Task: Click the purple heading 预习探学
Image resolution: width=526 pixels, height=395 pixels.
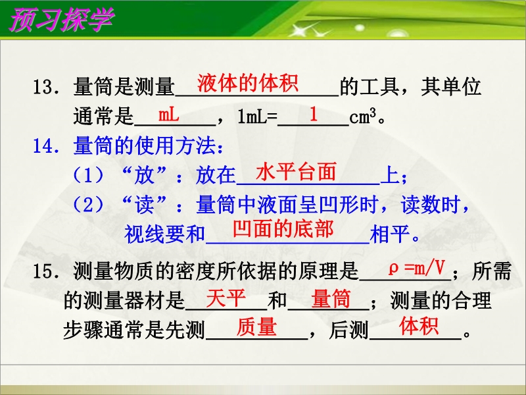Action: [x=61, y=20]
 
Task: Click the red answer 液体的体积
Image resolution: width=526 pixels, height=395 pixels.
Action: [x=248, y=83]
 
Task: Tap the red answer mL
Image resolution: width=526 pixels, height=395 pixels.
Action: [x=168, y=115]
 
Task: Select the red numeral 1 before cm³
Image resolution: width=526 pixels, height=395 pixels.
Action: [x=314, y=114]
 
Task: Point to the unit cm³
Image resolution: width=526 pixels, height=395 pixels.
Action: [x=363, y=117]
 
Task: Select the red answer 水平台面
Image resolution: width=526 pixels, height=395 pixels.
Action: [x=296, y=172]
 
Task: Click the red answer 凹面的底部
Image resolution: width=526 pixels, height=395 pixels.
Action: [x=283, y=228]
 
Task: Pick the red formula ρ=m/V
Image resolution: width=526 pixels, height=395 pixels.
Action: [x=417, y=269]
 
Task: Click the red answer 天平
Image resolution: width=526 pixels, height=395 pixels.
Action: [x=226, y=298]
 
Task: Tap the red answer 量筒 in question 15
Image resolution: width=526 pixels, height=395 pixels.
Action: [x=331, y=299]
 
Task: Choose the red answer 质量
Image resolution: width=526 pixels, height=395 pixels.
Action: [x=256, y=327]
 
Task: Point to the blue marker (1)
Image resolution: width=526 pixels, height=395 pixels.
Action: [x=88, y=175]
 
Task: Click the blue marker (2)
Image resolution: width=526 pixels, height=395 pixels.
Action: [x=88, y=205]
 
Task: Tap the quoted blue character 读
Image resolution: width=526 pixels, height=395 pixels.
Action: [x=144, y=205]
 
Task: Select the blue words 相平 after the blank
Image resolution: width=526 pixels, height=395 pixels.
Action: [x=390, y=234]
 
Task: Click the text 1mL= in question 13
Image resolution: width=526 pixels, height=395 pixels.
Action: [x=258, y=117]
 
